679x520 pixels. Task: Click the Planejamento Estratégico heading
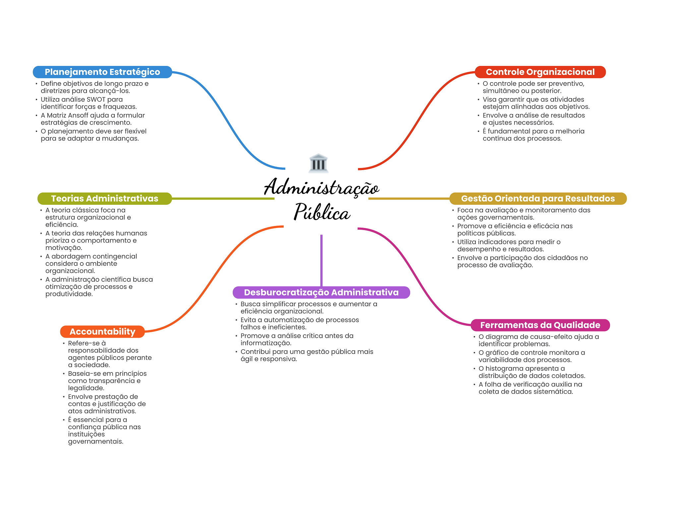click(102, 72)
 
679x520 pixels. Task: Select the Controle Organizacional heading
click(540, 72)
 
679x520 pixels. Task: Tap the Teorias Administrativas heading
click(104, 199)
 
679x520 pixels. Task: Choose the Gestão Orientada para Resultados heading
click(538, 199)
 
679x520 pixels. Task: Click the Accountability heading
click(102, 331)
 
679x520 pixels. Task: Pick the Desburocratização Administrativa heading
click(321, 292)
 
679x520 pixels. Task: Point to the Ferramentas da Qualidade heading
click(540, 325)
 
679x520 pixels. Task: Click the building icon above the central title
click(318, 163)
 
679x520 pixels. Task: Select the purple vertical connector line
click(321, 260)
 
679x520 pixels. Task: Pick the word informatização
click(266, 343)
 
